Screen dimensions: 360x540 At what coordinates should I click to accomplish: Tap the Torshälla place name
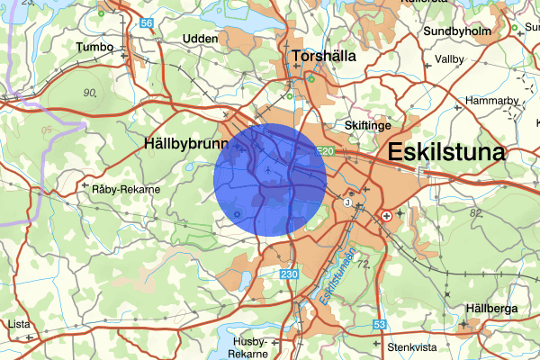click(320, 56)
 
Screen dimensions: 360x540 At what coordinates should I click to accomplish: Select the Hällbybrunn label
click(184, 142)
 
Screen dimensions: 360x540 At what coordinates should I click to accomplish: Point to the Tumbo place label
click(95, 46)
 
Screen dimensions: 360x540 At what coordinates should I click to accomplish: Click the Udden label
click(200, 40)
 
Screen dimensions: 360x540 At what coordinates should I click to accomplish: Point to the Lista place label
click(18, 323)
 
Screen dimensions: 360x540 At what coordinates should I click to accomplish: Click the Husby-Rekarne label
click(249, 347)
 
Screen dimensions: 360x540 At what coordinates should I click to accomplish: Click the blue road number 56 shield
click(146, 22)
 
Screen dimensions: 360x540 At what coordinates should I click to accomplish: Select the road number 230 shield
click(288, 274)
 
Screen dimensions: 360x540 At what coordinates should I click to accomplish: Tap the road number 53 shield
click(380, 324)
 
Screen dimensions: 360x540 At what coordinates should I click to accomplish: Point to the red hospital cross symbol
click(387, 216)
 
